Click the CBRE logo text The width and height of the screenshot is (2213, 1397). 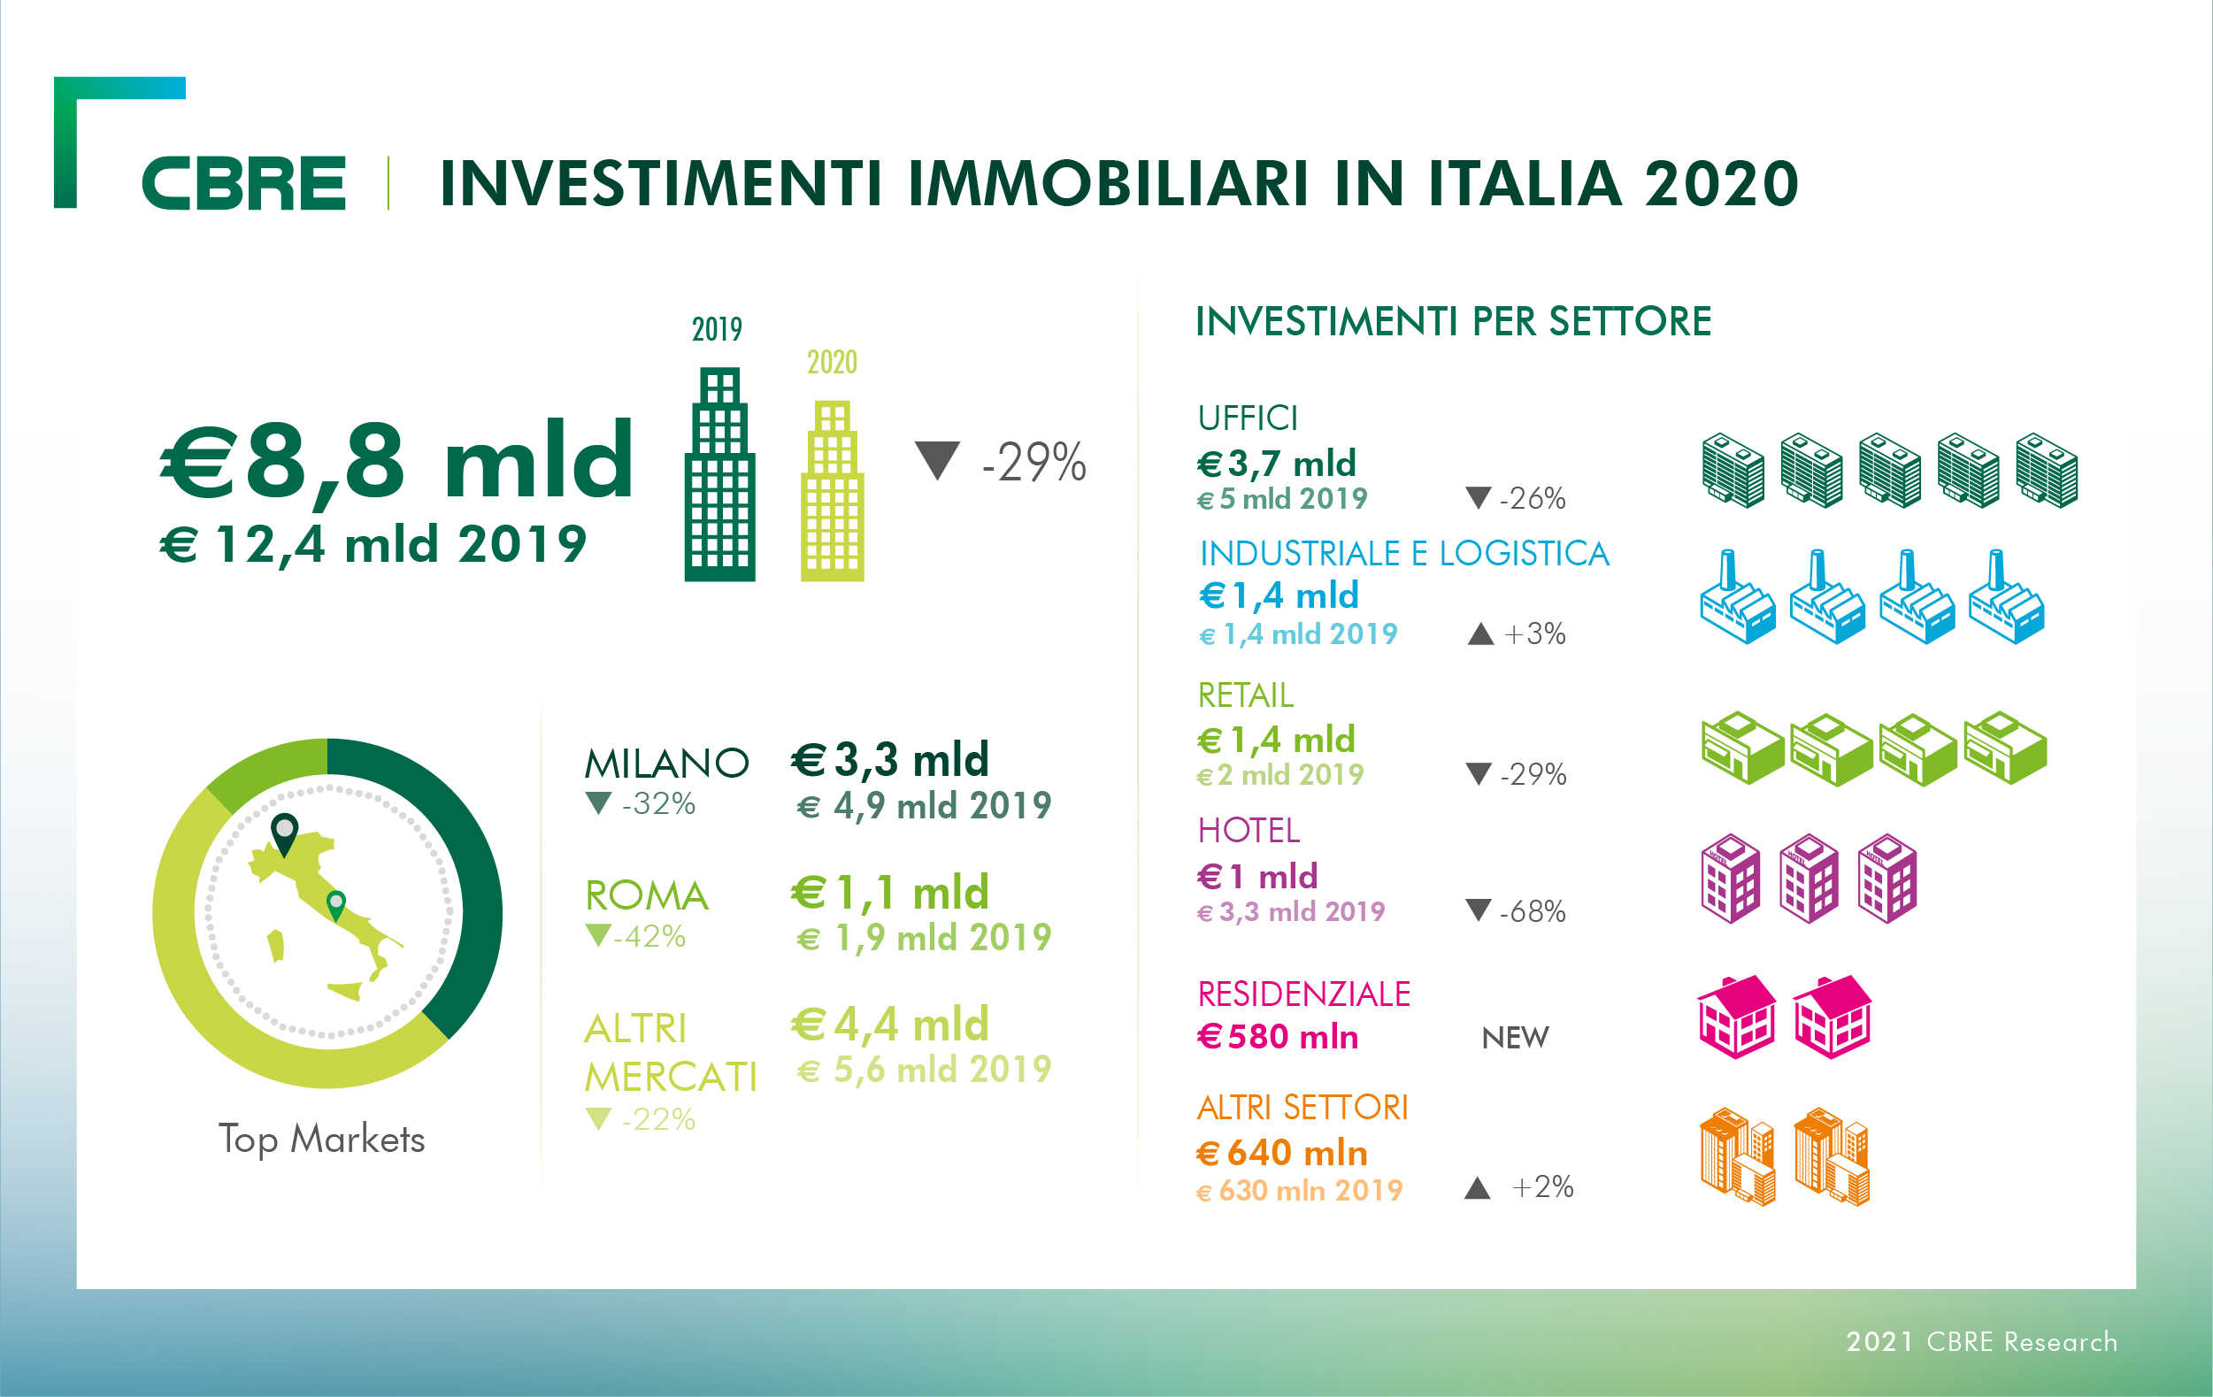pos(243,183)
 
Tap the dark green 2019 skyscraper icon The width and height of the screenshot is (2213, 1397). pos(719,476)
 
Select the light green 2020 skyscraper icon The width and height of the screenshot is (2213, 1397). pos(832,492)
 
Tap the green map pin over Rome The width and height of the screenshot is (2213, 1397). pos(336,904)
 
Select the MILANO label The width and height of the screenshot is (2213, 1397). pos(666,763)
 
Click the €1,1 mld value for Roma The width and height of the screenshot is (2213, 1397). pos(889,892)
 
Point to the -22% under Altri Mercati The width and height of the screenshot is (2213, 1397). pos(658,1119)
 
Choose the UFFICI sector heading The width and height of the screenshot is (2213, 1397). pos(1247,418)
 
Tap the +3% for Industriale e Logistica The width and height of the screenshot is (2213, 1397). pos(1534,633)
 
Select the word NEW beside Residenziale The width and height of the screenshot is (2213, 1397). pos(1515,1038)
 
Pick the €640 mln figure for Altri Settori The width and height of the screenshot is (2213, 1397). pos(1282,1153)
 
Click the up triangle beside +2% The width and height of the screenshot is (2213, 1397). pos(1477,1187)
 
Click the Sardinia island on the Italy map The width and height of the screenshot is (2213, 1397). pos(276,945)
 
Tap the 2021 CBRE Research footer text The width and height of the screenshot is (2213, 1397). pos(1981,1342)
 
